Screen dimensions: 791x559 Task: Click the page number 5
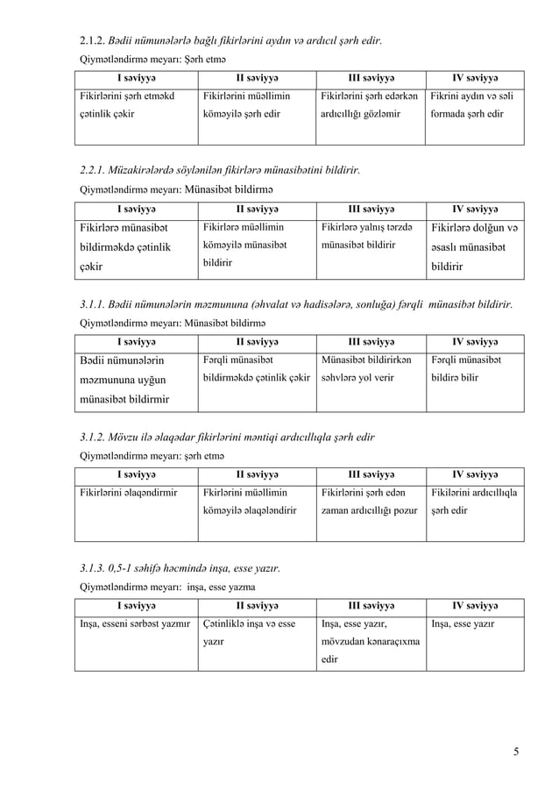click(517, 751)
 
